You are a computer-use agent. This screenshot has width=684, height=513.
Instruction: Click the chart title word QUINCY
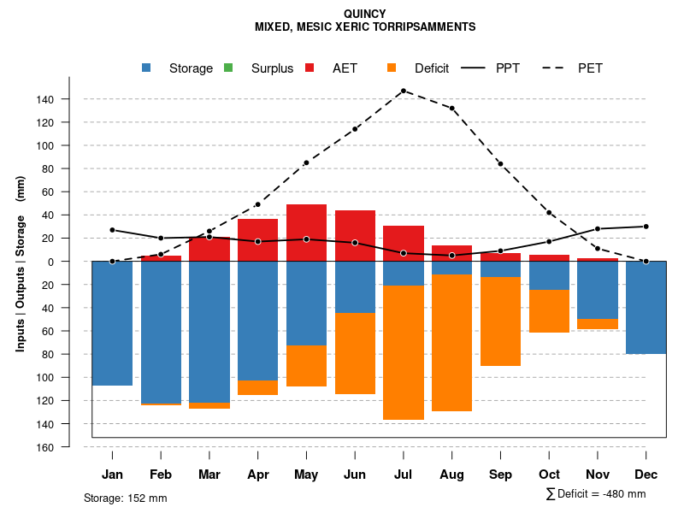point(364,14)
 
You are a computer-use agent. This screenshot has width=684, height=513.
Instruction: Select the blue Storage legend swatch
point(146,68)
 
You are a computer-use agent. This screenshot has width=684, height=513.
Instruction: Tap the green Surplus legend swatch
point(228,68)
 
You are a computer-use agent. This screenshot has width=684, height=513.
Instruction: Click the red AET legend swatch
point(310,68)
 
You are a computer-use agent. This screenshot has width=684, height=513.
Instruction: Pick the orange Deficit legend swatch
point(392,68)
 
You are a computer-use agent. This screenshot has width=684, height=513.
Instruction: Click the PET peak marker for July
point(403,91)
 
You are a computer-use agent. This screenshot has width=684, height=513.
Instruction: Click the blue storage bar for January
point(112,323)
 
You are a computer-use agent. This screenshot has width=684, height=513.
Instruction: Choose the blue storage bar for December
point(646,307)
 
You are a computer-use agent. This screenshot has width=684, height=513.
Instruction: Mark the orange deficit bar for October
point(549,311)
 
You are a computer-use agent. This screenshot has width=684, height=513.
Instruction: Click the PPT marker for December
point(646,227)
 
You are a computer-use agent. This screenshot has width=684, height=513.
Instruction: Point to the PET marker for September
point(500,164)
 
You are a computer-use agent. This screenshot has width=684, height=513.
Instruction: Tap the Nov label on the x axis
point(597,475)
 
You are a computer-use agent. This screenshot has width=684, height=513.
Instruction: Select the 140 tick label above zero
point(44,99)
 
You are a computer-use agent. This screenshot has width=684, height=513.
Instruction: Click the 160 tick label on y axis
point(44,447)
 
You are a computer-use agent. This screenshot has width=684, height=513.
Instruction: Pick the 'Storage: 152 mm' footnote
point(125,498)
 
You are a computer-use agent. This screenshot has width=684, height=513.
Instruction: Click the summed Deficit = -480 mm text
point(596,494)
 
